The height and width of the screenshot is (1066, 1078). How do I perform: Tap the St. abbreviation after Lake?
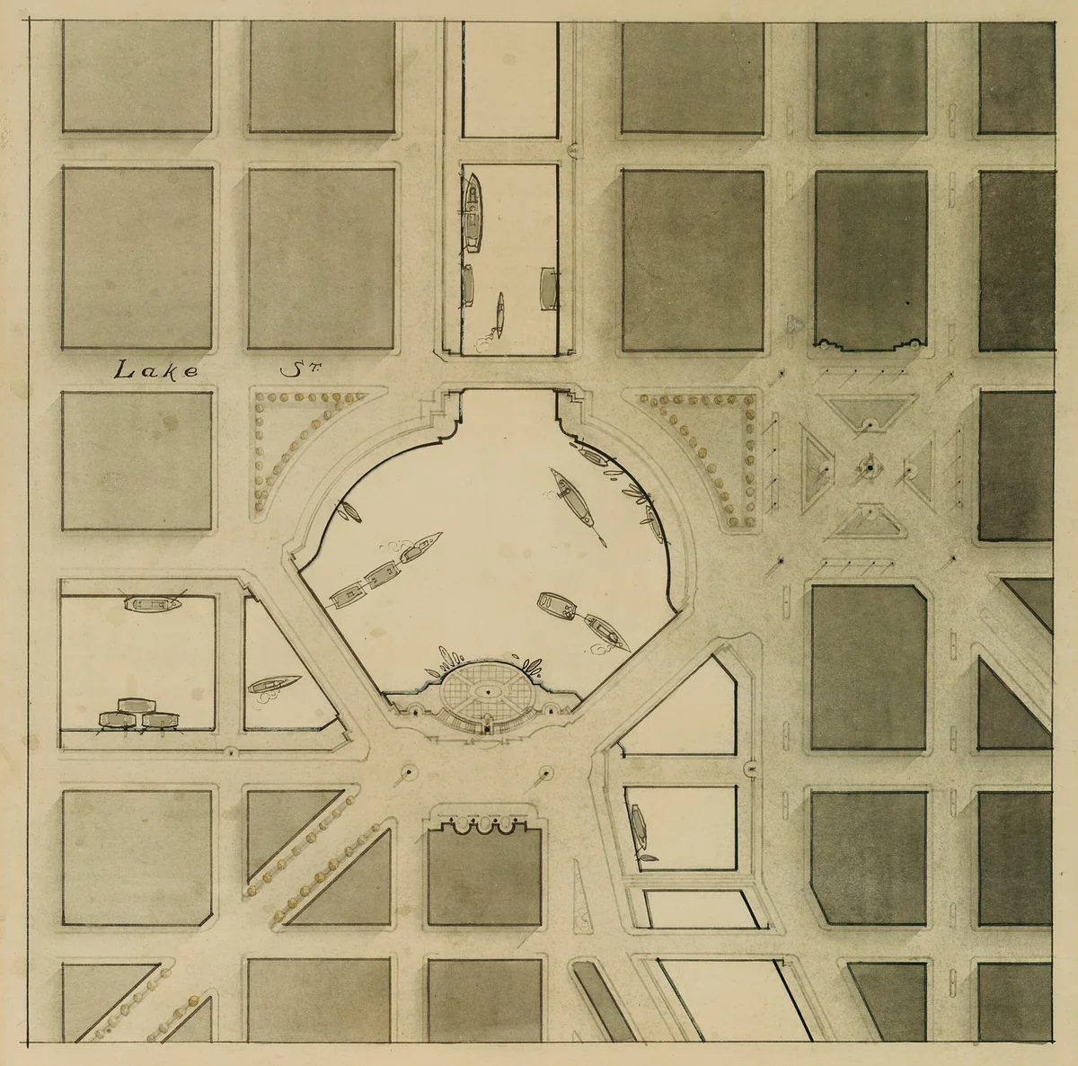click(x=290, y=369)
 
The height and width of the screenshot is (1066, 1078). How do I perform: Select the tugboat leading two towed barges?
click(x=422, y=547)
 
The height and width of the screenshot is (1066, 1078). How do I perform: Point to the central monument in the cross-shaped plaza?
click(x=869, y=466)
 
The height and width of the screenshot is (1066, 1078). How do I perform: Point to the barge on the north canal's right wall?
click(x=547, y=288)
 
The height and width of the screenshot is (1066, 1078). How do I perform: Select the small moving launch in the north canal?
click(x=499, y=314)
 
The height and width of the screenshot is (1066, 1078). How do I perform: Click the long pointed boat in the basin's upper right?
click(x=574, y=500)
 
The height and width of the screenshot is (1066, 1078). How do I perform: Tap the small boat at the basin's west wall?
click(x=349, y=513)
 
